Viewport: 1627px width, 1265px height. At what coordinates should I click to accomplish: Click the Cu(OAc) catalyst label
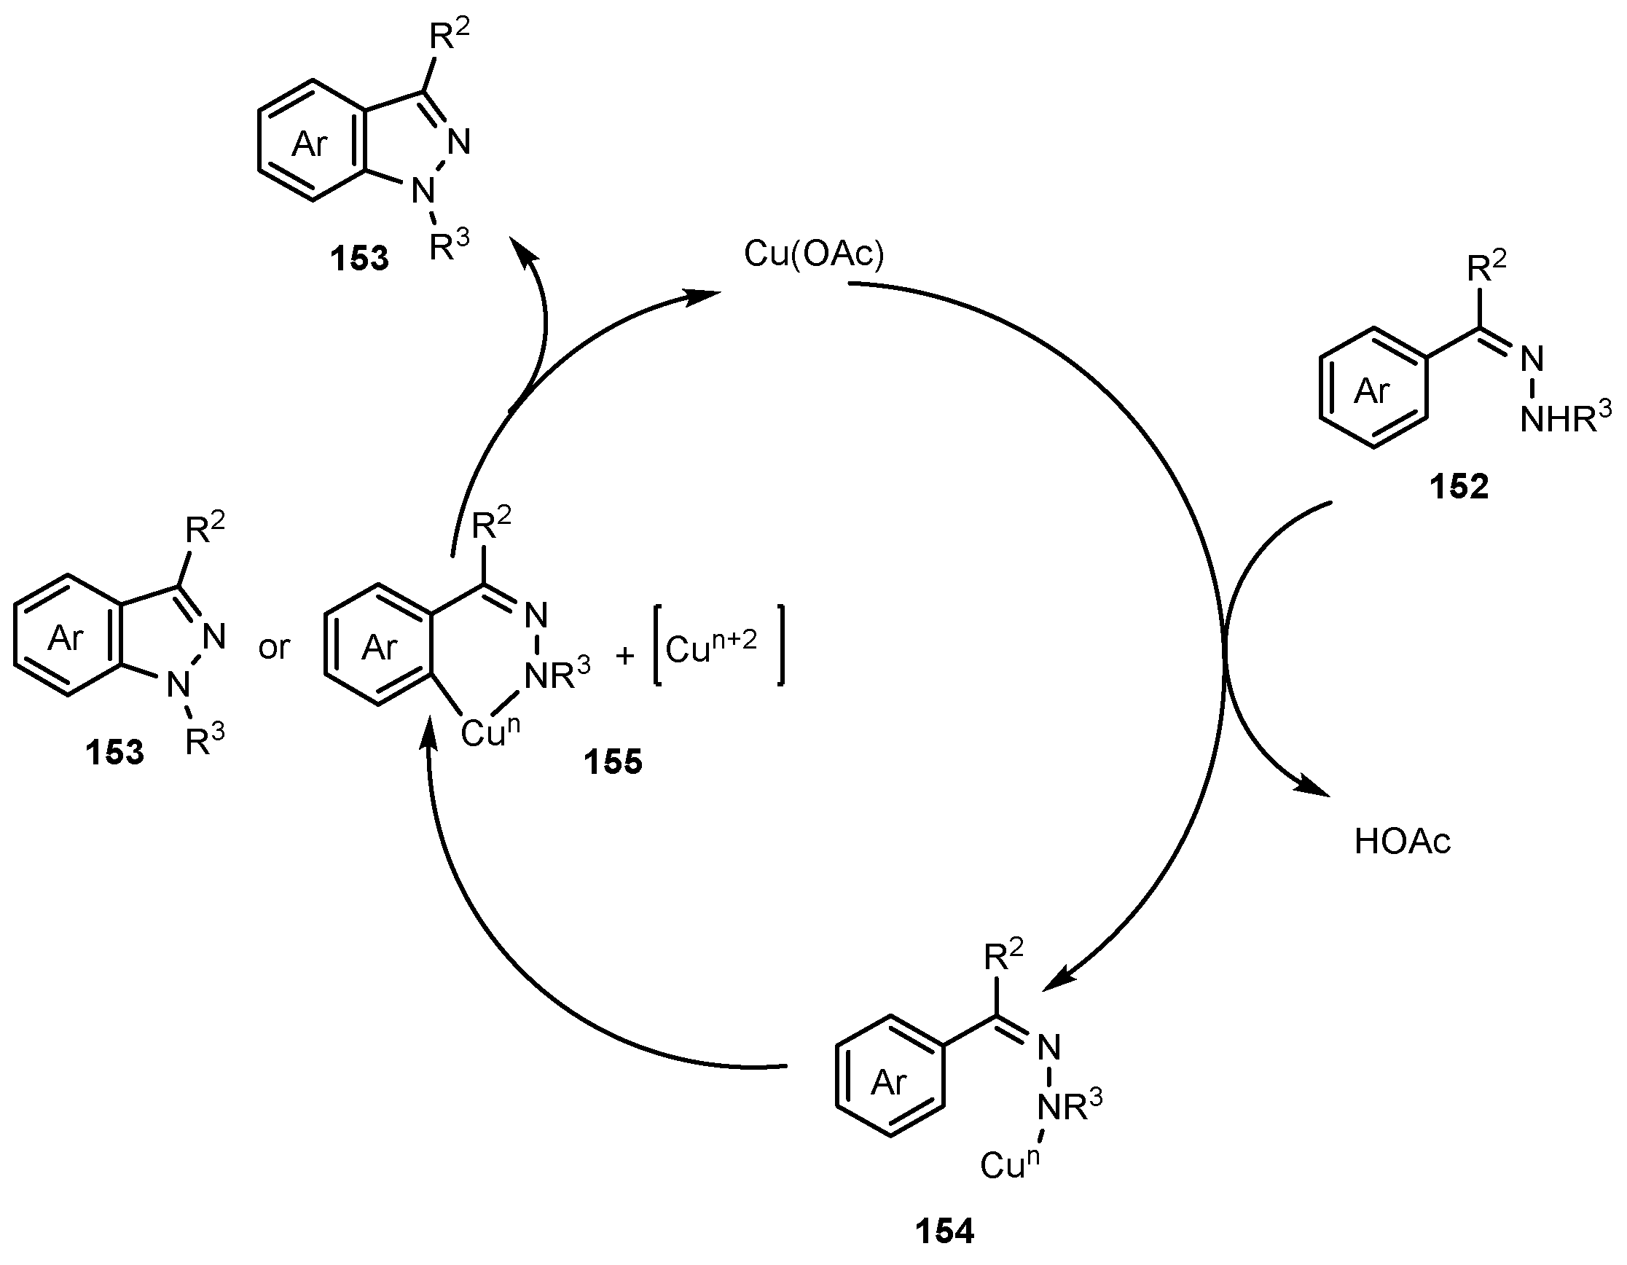tap(813, 255)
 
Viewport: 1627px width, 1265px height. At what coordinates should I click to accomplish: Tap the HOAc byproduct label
tap(1402, 842)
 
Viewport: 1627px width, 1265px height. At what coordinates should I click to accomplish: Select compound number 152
tap(1458, 487)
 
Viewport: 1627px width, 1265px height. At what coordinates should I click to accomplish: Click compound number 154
tap(944, 1231)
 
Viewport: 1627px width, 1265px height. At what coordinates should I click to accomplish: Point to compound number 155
tap(612, 761)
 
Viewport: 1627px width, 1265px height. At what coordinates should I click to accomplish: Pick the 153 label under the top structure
tap(360, 258)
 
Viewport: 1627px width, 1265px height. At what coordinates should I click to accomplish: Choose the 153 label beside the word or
tap(114, 752)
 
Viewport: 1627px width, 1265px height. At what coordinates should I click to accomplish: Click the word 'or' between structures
tap(273, 648)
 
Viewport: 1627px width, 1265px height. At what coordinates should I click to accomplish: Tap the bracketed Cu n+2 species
tap(718, 646)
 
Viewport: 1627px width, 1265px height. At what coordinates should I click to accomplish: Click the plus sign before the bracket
tap(625, 656)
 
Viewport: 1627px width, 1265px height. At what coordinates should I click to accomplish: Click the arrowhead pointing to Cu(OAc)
tap(704, 296)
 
